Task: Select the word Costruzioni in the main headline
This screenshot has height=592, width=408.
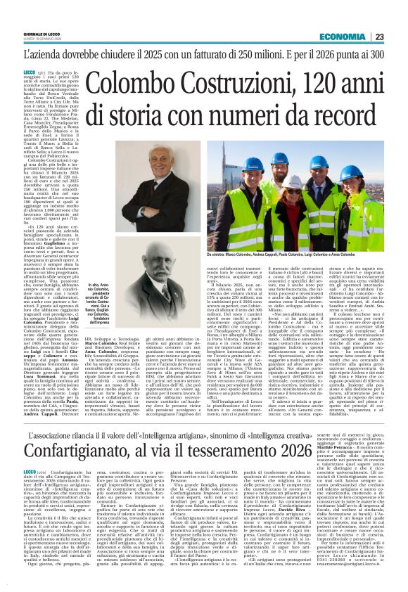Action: pos(233,82)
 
